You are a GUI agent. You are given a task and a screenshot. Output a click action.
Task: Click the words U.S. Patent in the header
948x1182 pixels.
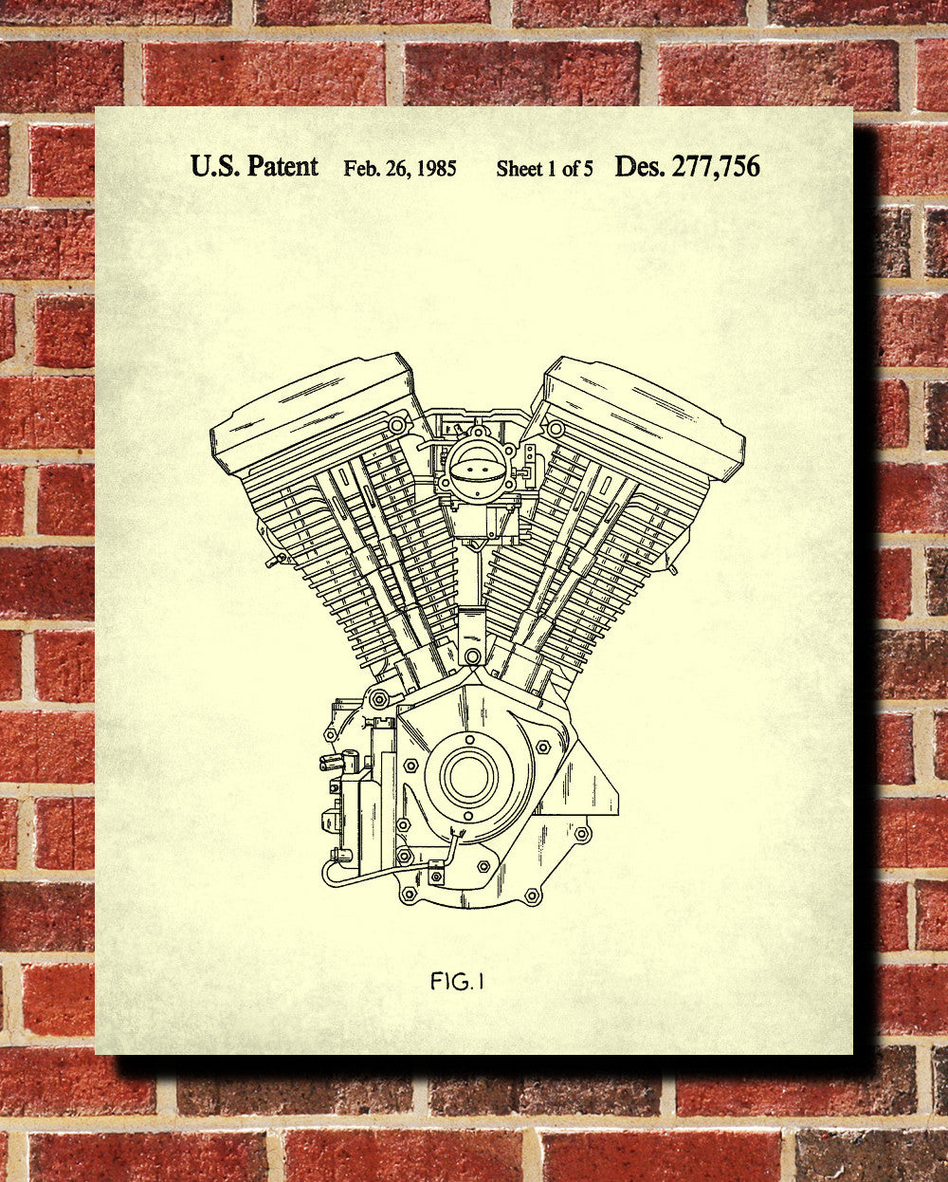(254, 166)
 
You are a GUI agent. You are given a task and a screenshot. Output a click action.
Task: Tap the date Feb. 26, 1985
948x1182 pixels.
(400, 168)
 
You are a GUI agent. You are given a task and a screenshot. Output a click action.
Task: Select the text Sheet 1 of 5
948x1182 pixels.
(544, 169)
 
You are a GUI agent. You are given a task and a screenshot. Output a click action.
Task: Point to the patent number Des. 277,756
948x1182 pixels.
(687, 166)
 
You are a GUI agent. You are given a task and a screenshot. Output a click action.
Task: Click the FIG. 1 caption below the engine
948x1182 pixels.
(457, 981)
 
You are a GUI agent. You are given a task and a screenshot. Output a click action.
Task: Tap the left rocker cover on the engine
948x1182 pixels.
(313, 412)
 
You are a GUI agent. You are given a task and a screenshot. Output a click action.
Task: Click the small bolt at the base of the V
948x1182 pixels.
(471, 656)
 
